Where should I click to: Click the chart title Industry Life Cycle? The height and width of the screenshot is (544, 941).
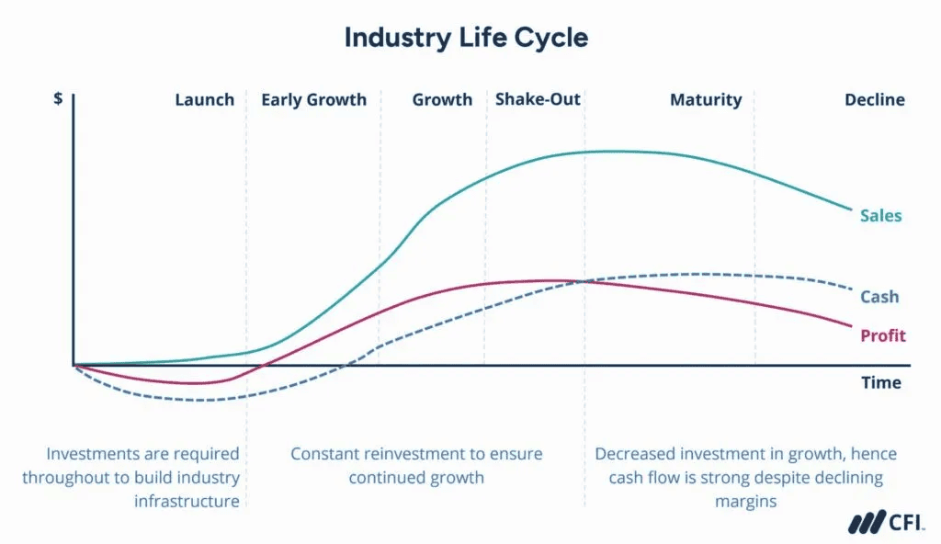(466, 38)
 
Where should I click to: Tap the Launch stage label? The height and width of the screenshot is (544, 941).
(204, 100)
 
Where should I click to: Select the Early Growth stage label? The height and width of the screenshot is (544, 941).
(313, 100)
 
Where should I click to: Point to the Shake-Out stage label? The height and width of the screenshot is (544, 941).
(538, 99)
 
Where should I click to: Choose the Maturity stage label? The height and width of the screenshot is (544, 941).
(705, 100)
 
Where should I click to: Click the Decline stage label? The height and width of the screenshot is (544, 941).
(874, 100)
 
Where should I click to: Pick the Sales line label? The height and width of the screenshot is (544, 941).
(880, 217)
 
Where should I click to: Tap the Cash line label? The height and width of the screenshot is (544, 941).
(879, 297)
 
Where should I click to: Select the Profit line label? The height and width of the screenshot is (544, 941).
(882, 335)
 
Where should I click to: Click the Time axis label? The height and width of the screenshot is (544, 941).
(880, 382)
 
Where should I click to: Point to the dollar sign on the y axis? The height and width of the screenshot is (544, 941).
(59, 98)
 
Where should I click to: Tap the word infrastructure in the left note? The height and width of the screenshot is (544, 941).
(187, 501)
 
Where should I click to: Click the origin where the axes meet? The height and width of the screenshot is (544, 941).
(74, 365)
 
